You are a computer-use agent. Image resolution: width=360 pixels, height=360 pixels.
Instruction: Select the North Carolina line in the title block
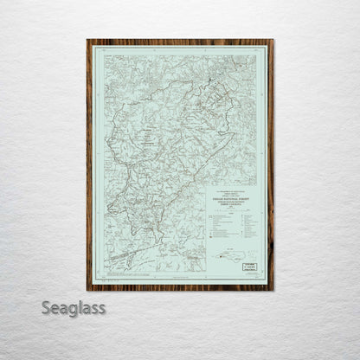click(231, 205)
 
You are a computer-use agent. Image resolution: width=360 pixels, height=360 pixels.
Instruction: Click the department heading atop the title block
click(231, 192)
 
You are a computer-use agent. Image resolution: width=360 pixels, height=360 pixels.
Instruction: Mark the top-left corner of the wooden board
click(87, 40)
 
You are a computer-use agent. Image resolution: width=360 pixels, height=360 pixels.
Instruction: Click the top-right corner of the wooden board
click(273, 40)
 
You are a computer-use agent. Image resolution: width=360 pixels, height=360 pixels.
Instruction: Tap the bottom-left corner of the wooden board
click(87, 289)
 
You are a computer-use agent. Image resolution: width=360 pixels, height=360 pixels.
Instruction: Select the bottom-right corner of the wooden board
click(273, 289)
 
